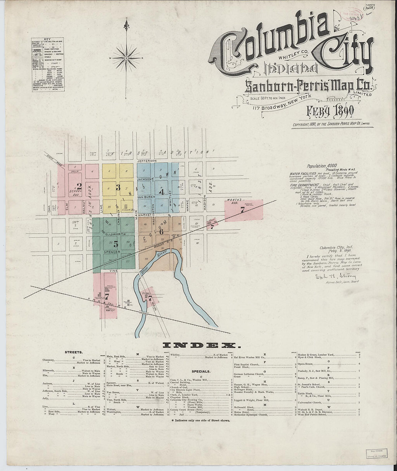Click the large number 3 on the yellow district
coord(118,187)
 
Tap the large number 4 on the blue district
coord(162,192)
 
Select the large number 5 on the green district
coord(115,243)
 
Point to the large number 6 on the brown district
coord(161,232)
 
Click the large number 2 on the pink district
coord(79,186)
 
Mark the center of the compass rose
coord(126,58)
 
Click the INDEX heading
coord(199,345)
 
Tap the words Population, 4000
coord(322,166)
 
